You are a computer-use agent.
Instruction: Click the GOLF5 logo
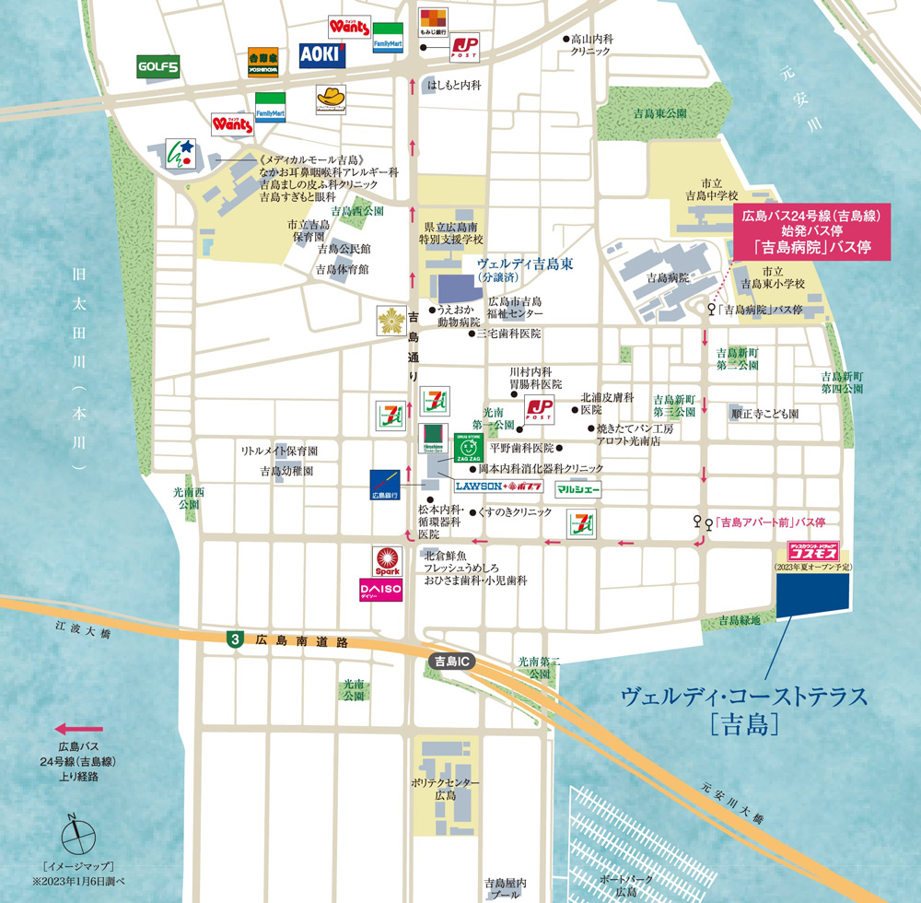point(158,65)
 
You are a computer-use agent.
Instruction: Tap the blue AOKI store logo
point(322,56)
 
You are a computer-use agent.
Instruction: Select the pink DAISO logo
point(380,589)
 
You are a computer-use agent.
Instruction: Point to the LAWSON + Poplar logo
point(498,486)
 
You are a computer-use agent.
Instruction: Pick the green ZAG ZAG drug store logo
point(465,446)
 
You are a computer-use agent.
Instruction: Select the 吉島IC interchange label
point(451,662)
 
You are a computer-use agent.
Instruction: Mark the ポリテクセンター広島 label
point(446,788)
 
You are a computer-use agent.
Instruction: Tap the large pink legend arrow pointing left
point(78,728)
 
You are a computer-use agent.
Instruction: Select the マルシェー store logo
point(578,489)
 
